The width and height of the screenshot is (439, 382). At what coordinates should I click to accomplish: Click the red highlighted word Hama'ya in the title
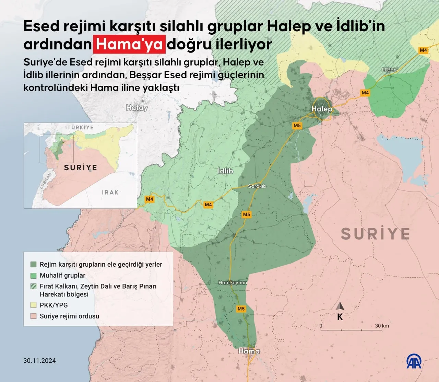(x=129, y=44)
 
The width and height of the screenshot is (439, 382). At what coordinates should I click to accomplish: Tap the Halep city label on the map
(x=322, y=109)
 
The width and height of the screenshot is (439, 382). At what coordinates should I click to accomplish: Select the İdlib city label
(x=225, y=171)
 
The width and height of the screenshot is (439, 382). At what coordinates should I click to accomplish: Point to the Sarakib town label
(x=257, y=186)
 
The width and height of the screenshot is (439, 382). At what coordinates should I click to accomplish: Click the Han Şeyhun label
(x=233, y=282)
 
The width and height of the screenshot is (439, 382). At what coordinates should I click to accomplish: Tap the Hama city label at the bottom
(x=249, y=351)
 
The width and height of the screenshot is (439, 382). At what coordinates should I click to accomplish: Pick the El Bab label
(x=389, y=70)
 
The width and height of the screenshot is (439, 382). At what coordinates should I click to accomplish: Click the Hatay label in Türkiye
(x=137, y=108)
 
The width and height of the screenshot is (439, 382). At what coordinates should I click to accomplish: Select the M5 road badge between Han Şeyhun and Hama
(x=241, y=309)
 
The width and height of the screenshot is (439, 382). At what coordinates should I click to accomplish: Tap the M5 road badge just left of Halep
(x=297, y=125)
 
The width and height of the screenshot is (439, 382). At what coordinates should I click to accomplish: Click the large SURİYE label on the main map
(x=375, y=234)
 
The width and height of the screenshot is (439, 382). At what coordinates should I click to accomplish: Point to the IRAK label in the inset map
(x=110, y=192)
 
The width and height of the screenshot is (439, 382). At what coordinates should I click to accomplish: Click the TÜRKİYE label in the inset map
(x=80, y=127)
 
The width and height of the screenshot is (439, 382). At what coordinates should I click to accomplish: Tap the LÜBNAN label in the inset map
(x=46, y=181)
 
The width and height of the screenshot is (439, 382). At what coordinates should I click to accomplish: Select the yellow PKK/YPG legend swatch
(x=33, y=305)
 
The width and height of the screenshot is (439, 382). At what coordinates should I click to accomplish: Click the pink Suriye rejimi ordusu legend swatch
(x=33, y=316)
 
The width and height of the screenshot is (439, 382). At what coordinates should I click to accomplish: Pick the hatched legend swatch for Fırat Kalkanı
(x=33, y=286)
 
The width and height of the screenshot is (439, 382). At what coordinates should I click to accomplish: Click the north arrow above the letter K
(x=340, y=306)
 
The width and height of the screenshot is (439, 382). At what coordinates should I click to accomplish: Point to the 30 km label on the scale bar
(x=382, y=326)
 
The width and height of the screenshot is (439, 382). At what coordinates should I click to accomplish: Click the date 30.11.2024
(x=39, y=360)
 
